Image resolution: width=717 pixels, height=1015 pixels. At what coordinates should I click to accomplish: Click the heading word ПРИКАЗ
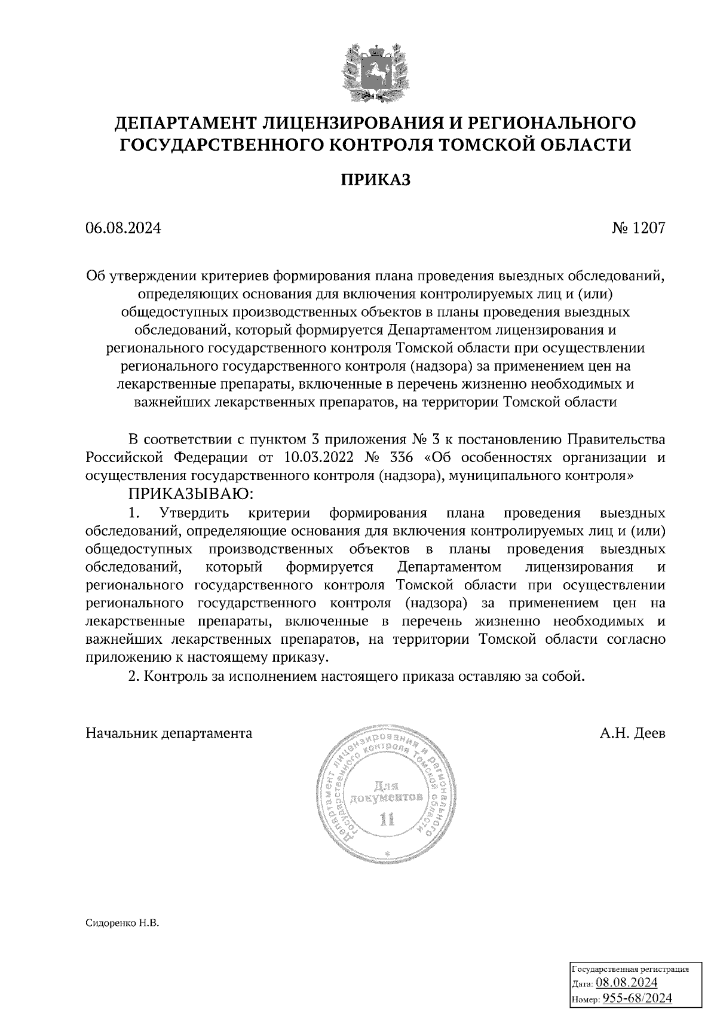click(375, 180)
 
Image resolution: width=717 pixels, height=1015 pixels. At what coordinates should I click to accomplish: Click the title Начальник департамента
click(169, 733)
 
